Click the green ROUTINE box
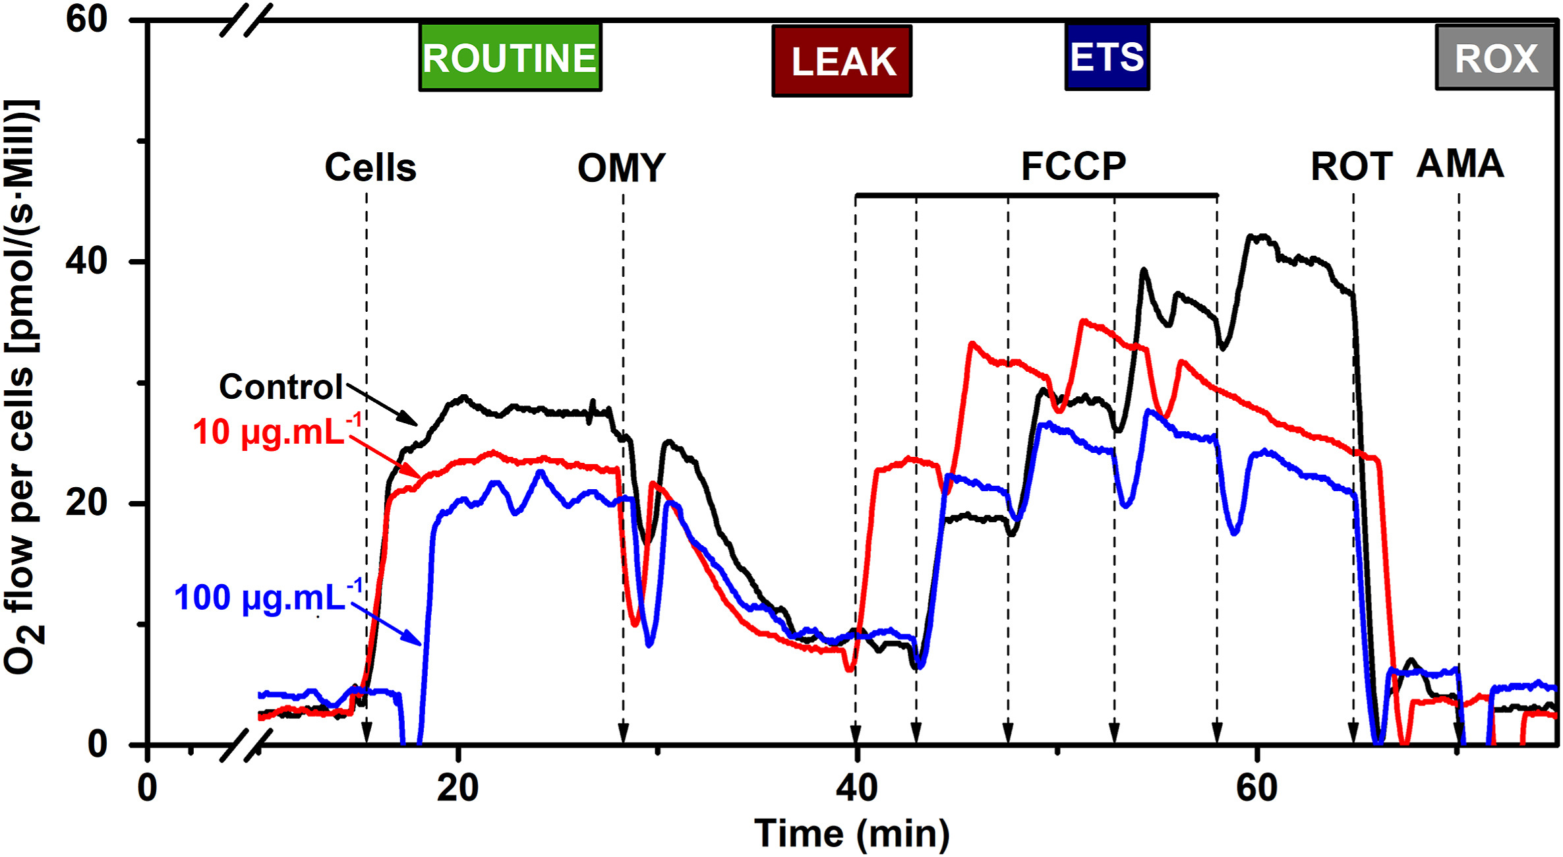coord(510,57)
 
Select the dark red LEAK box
coord(842,61)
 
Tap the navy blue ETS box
coord(1107,57)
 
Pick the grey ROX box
coord(1496,58)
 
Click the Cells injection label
coord(370,167)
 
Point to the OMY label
coord(621,168)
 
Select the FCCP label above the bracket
coord(1073,166)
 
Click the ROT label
coord(1351,166)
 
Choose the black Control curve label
coord(281,386)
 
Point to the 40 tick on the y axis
coord(86,262)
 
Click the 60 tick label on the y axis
coord(86,19)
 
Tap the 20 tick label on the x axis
coord(457,788)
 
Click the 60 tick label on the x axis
coord(1256,788)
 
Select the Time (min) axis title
coord(851,833)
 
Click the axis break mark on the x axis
coord(246,745)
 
